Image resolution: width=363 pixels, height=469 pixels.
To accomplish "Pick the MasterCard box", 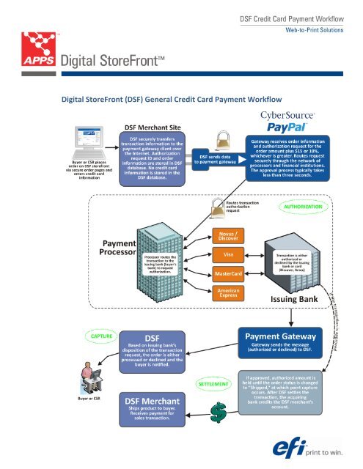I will pos(228,273).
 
